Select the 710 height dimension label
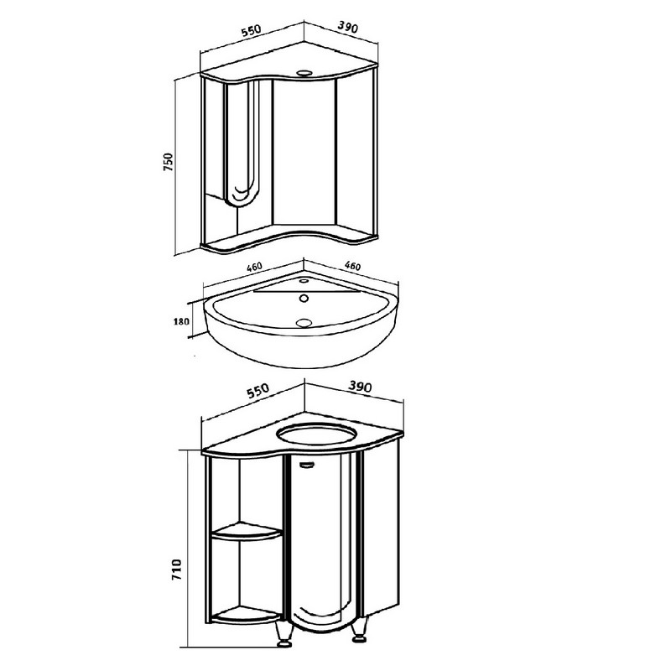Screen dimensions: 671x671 pos(177,570)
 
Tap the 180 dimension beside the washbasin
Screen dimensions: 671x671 pos(181,321)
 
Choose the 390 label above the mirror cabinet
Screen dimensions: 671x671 pos(347,27)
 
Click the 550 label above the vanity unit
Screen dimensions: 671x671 pos(257,390)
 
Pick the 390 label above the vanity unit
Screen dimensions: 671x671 pos(359,387)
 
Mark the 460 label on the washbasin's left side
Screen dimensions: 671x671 pos(254,267)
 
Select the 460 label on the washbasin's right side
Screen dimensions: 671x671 pos(352,266)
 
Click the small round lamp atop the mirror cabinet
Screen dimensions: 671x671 pos(304,72)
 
